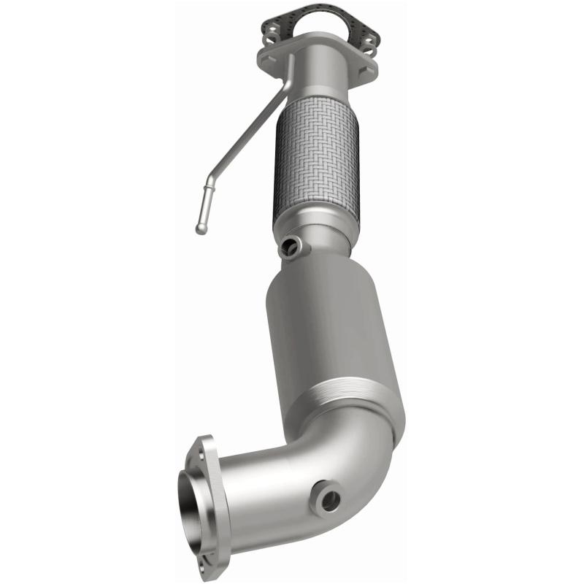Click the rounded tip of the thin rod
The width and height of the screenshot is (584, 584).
(201, 229)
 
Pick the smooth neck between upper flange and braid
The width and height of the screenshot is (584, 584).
(321, 80)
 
